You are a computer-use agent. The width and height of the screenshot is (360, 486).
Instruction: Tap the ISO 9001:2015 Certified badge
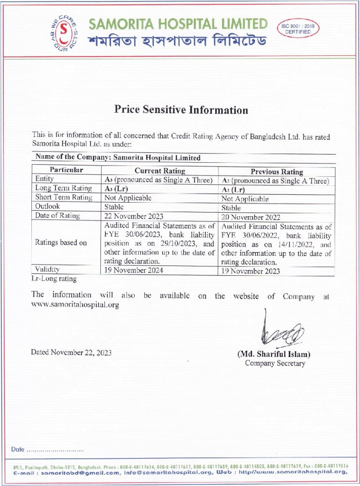point(298,29)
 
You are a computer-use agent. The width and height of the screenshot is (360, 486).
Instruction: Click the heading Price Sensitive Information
point(181,110)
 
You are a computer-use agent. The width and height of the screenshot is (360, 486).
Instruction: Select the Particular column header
point(66,170)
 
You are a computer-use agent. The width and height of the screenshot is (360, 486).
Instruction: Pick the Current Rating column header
point(160,171)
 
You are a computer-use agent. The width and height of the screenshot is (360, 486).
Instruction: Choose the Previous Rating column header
point(277,172)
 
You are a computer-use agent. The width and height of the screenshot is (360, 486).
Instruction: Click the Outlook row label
point(47,206)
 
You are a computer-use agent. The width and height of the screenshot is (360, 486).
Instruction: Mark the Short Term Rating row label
point(64,197)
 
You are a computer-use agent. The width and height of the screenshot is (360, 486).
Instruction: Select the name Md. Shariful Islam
point(274,354)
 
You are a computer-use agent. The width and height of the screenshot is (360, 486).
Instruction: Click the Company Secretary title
point(275,363)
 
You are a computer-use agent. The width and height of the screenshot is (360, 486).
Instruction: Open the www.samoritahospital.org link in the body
point(75,304)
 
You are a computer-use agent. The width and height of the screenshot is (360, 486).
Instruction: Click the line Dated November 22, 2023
point(71,352)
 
